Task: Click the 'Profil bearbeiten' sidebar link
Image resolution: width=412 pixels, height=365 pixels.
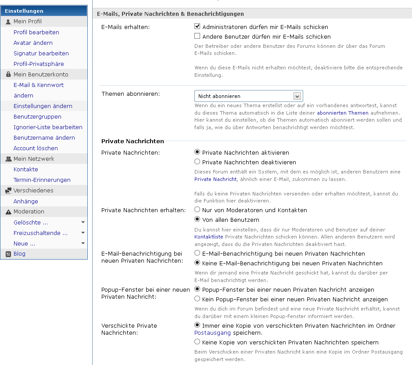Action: [x=36, y=32]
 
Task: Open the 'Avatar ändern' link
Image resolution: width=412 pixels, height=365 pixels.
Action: [x=33, y=43]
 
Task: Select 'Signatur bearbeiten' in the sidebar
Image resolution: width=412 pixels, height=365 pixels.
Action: [x=41, y=53]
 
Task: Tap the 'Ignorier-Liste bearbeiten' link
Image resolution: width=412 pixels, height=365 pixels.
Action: [x=48, y=127]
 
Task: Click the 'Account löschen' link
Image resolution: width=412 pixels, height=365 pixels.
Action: [x=36, y=148]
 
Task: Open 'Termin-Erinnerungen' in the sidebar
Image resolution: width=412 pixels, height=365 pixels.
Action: [x=42, y=180]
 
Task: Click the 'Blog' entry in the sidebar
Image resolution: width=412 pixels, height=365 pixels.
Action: [x=19, y=253]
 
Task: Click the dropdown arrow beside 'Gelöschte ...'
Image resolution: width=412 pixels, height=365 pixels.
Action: [x=83, y=222]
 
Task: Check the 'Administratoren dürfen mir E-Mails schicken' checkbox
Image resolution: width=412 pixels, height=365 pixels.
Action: [x=197, y=27]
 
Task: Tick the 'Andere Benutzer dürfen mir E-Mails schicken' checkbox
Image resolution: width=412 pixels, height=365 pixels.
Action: [x=197, y=36]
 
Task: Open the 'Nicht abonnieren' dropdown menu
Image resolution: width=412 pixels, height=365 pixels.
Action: [x=248, y=96]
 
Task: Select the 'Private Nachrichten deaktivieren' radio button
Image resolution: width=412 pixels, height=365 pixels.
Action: [x=197, y=162]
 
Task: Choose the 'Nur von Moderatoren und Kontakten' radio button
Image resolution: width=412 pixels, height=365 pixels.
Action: [x=197, y=210]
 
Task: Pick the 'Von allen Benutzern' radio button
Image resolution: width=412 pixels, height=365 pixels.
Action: [x=197, y=220]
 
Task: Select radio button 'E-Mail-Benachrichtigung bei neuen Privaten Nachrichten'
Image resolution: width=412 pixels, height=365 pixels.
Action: [x=197, y=253]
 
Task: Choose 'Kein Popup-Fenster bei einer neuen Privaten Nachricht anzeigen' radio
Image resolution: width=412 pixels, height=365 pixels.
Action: [x=197, y=299]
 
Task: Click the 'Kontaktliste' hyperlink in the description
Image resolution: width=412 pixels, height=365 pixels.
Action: [x=209, y=237]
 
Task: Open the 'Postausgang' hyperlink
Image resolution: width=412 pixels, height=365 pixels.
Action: [x=212, y=333]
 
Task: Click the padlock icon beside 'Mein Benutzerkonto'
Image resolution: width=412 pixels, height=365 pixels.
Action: [x=8, y=75]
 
